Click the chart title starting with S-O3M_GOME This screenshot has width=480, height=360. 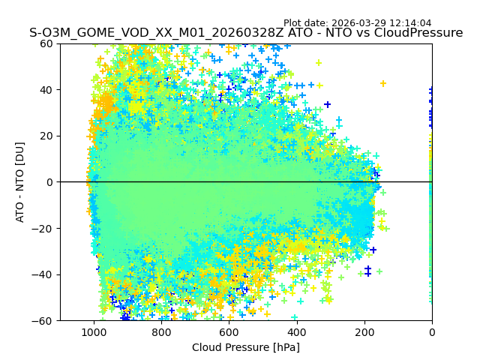pyautogui.click(x=246, y=33)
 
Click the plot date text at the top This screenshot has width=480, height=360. pyautogui.click(x=357, y=23)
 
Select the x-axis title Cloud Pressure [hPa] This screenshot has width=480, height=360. pyautogui.click(x=246, y=347)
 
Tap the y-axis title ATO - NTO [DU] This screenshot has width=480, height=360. pyautogui.click(x=20, y=182)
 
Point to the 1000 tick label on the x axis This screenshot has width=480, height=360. pyautogui.click(x=94, y=331)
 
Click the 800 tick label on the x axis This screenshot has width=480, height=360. pyautogui.click(x=161, y=331)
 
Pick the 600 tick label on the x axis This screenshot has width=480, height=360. pyautogui.click(x=229, y=331)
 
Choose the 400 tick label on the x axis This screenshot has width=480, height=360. pyautogui.click(x=296, y=331)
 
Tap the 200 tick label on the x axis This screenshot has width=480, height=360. pyautogui.click(x=364, y=331)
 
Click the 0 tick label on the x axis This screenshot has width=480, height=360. pyautogui.click(x=431, y=331)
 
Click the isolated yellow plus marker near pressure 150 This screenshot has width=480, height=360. pyautogui.click(x=383, y=83)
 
